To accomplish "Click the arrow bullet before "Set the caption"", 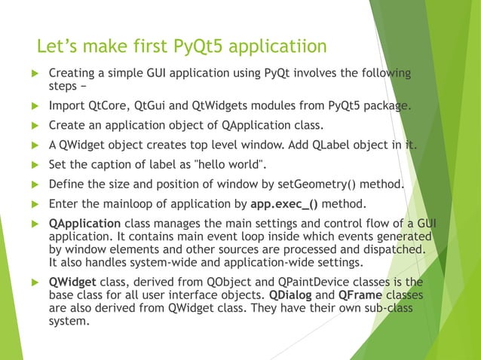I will pos(33,165).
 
